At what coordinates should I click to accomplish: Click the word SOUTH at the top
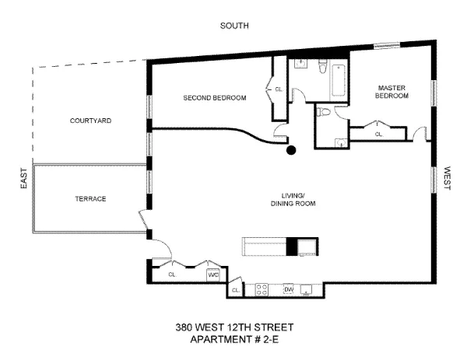click(x=233, y=26)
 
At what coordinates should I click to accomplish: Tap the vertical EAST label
click(x=24, y=179)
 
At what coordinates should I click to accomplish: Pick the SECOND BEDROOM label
click(x=215, y=98)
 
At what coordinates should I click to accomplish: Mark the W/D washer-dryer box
click(x=212, y=274)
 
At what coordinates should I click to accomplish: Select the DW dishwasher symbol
click(x=288, y=289)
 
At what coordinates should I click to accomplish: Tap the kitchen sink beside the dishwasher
click(x=307, y=289)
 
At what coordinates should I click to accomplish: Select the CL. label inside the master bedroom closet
click(x=379, y=134)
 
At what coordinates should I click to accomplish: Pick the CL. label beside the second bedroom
click(x=279, y=89)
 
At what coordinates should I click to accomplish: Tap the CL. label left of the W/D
click(x=173, y=274)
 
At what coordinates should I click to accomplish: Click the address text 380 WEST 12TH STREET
click(x=233, y=327)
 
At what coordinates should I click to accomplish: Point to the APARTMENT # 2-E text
click(x=233, y=339)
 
